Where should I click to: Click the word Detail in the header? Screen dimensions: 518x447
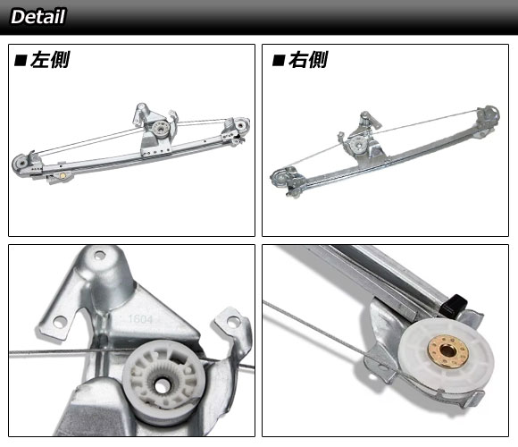point(38,16)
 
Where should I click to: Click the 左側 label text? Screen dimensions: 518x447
point(50,60)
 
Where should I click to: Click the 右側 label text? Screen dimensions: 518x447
point(308,60)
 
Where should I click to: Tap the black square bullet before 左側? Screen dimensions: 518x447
point(21,61)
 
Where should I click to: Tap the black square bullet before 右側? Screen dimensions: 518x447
point(279,61)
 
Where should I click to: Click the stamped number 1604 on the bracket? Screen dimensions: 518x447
point(140,319)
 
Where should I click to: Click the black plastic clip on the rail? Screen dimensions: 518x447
point(455,304)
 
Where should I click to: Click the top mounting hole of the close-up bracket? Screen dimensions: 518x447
point(100,256)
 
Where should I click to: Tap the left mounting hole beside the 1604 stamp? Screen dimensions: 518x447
point(60,321)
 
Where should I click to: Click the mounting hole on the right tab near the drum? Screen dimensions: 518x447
point(233,321)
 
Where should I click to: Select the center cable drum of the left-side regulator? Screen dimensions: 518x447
point(162,128)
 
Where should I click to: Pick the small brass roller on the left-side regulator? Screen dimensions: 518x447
point(63,175)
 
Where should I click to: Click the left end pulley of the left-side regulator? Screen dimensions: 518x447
point(21,163)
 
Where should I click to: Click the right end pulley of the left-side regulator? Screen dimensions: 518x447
point(240,125)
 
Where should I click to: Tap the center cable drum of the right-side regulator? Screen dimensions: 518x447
point(357,144)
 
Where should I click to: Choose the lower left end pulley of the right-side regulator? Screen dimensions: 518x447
point(280,179)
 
